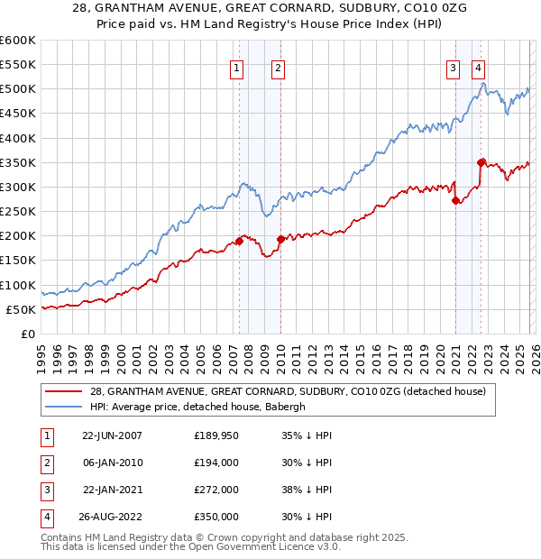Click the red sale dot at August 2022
click(x=481, y=162)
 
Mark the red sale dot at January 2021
click(x=456, y=200)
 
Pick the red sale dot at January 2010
click(x=280, y=239)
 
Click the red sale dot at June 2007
click(x=240, y=241)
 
